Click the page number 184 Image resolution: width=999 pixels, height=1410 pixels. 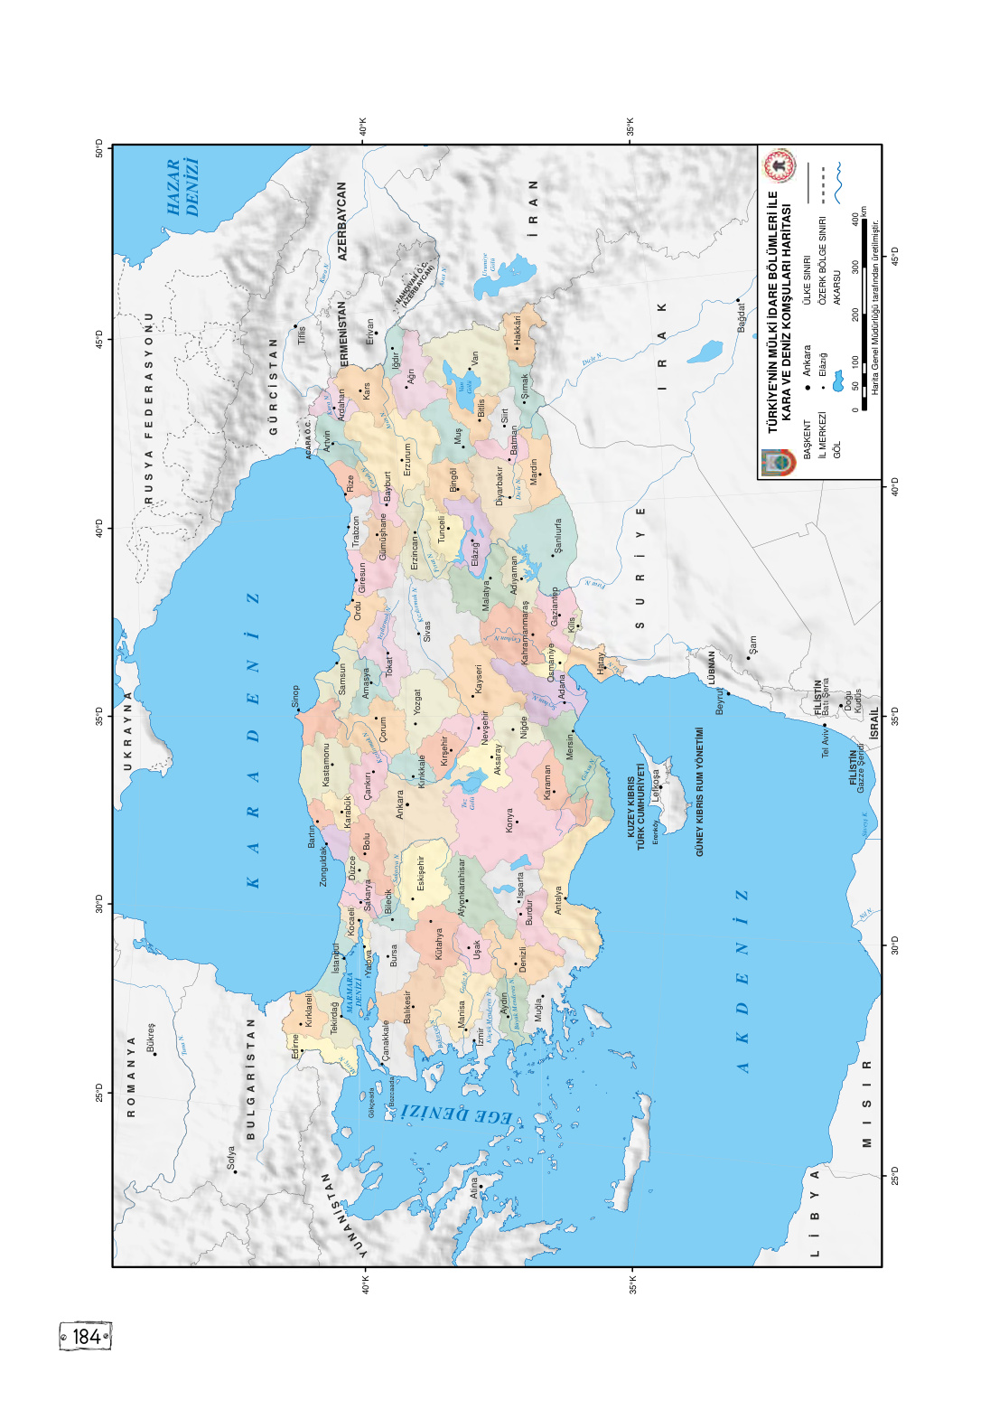[x=86, y=1336]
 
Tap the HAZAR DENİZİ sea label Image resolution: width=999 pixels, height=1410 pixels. [x=182, y=189]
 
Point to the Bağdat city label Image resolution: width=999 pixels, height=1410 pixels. [x=742, y=317]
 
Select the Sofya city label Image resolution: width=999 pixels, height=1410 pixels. [x=230, y=1158]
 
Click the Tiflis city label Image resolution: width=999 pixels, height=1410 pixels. [x=302, y=334]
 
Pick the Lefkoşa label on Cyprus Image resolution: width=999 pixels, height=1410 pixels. [x=657, y=785]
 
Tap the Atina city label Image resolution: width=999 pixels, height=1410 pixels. [x=473, y=1187]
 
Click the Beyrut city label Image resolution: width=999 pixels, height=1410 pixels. [x=721, y=701]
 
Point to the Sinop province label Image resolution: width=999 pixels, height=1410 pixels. [x=294, y=696]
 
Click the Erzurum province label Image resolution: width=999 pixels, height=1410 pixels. [x=407, y=458]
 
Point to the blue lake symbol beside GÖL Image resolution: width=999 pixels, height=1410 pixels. [x=837, y=383]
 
